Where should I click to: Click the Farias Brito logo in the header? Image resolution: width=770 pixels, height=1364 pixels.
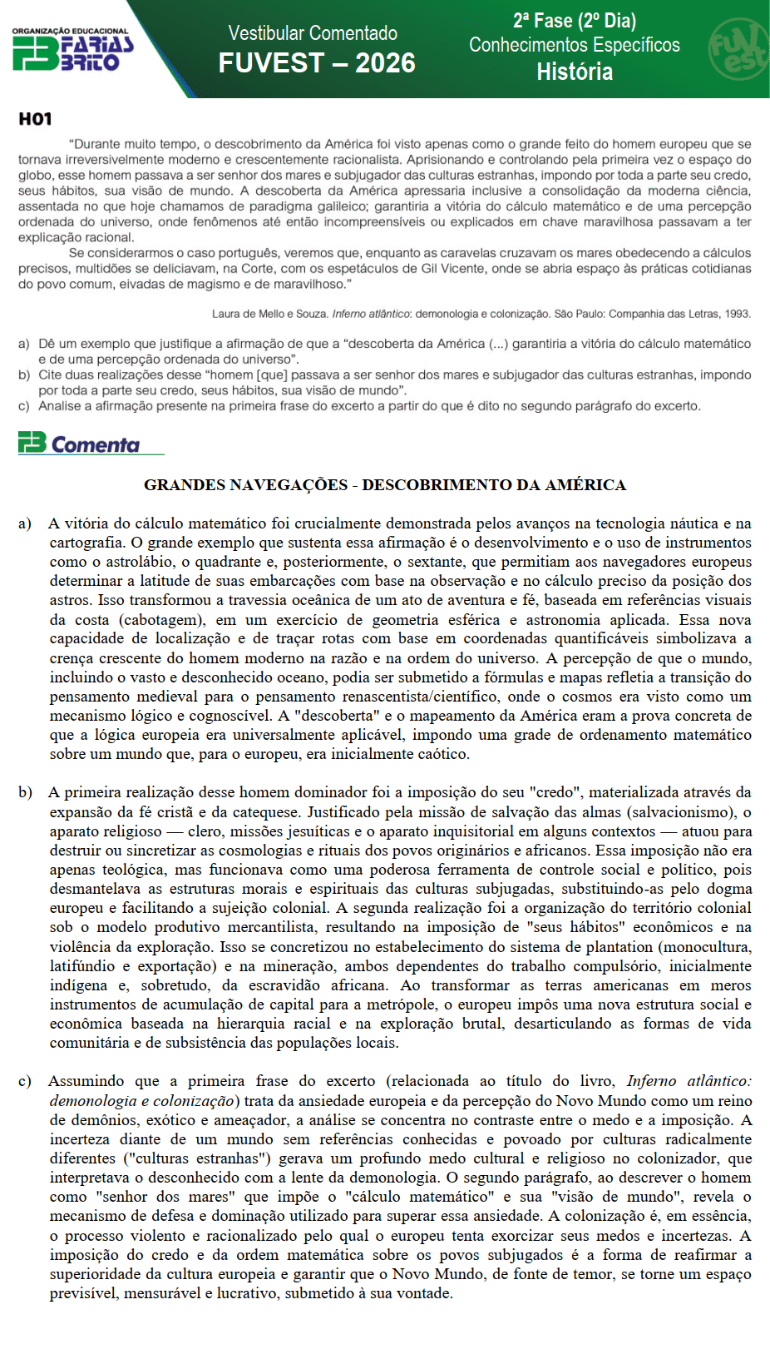point(72,50)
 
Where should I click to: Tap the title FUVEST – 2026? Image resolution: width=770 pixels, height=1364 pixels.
point(317,63)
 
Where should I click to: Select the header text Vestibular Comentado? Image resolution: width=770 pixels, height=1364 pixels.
point(313,33)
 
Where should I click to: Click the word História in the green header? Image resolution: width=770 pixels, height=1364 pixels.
point(575,72)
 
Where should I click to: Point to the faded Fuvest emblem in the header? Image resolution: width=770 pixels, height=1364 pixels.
point(738,49)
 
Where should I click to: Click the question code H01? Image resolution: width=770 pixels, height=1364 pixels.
point(35,119)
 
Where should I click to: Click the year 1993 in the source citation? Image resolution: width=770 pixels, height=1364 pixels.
point(738,314)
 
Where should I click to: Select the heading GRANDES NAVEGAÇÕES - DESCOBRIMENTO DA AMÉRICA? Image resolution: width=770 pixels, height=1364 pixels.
point(385,484)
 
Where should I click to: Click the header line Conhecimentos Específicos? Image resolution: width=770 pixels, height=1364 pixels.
point(575,45)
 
